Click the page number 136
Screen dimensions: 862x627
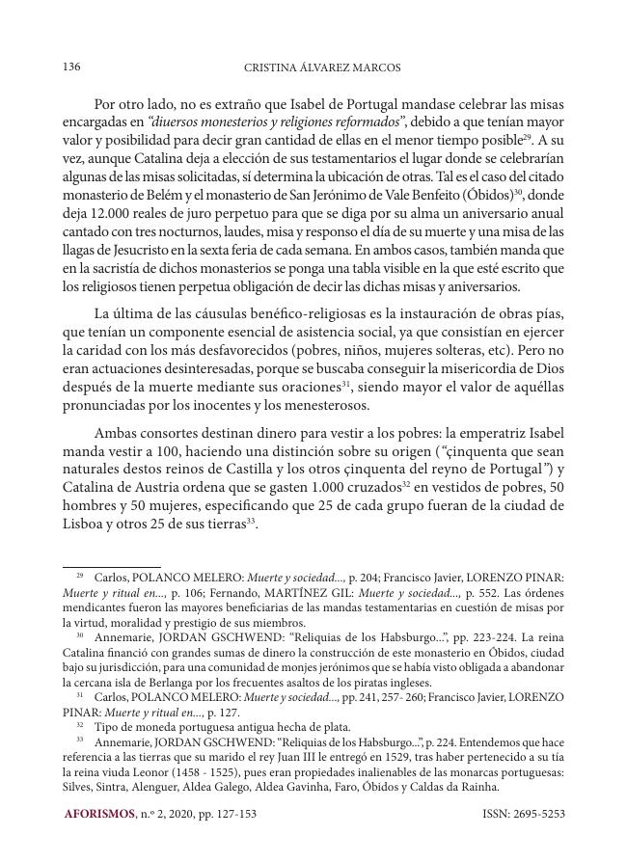coord(70,67)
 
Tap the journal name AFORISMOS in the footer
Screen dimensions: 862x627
coord(99,814)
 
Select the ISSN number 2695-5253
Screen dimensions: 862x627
coord(541,814)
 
